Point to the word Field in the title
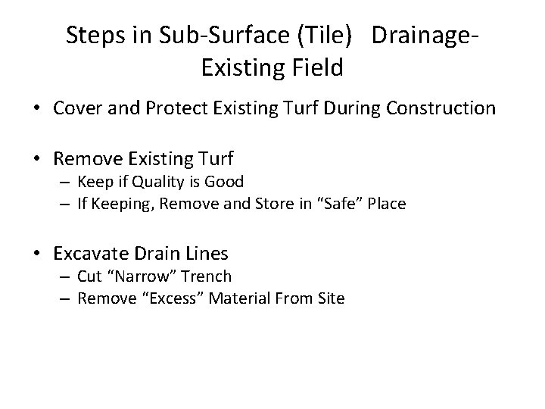pyautogui.click(x=316, y=68)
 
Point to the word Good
pyautogui.click(x=223, y=182)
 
